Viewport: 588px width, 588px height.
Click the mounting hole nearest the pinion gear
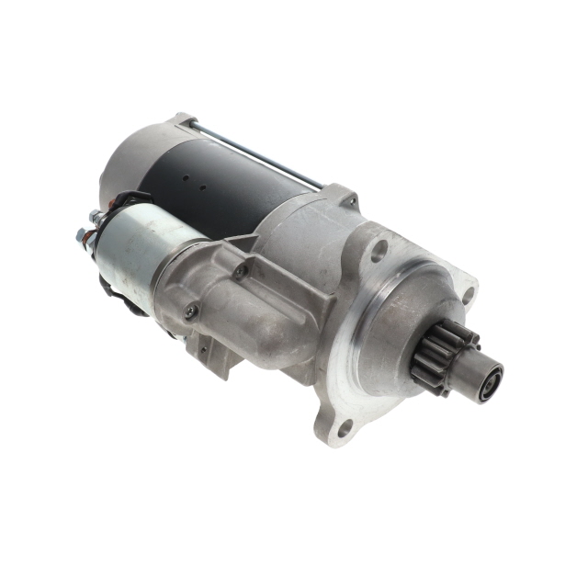(468, 296)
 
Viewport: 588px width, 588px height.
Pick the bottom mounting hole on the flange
(344, 426)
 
